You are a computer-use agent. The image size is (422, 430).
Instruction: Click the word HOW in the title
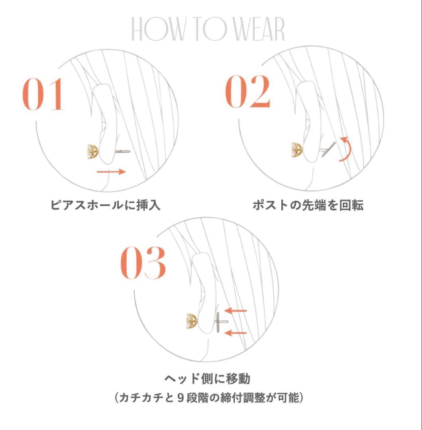tap(158, 29)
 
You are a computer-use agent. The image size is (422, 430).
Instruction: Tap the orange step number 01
tap(43, 94)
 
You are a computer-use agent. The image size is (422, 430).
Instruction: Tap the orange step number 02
tap(248, 91)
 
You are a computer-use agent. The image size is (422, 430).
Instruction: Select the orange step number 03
tap(143, 262)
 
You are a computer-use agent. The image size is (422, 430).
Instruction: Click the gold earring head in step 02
tap(296, 150)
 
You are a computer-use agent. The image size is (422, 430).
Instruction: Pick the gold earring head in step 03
tap(192, 321)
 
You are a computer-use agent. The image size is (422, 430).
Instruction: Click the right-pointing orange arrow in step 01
tap(111, 172)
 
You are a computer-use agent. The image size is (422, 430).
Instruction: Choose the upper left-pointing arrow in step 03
tap(236, 311)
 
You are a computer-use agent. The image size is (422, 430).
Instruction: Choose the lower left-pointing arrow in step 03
tap(236, 333)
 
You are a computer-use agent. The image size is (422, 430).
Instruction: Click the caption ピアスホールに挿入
tap(105, 205)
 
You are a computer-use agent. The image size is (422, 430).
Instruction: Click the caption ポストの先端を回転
tap(308, 205)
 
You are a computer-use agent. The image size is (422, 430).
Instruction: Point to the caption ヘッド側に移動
tap(207, 379)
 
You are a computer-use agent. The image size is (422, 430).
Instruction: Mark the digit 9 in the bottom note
tap(180, 398)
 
